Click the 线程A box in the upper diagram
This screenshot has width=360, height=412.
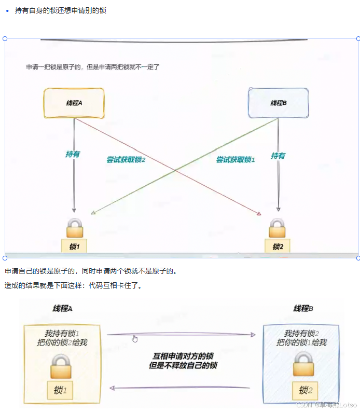74,103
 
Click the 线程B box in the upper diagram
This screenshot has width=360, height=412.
279,103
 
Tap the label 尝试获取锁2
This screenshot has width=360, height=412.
126,160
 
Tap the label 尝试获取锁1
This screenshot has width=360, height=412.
236,160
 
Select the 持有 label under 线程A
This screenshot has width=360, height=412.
73,154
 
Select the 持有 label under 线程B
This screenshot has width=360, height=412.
278,155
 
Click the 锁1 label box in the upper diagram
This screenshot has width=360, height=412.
74,246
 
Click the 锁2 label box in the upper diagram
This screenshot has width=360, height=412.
278,246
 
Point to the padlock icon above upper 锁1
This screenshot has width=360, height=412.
74,228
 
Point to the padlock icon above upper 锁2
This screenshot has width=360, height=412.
277,228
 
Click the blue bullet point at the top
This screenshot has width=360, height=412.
7,10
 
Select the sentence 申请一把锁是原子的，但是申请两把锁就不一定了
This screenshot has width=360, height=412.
92,67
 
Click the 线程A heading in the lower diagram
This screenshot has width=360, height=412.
62,309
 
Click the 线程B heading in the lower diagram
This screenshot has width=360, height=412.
303,309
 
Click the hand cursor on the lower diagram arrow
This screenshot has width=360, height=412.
135,339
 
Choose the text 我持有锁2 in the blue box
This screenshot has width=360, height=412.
301,333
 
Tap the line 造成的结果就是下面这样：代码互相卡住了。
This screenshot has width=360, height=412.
73,285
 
